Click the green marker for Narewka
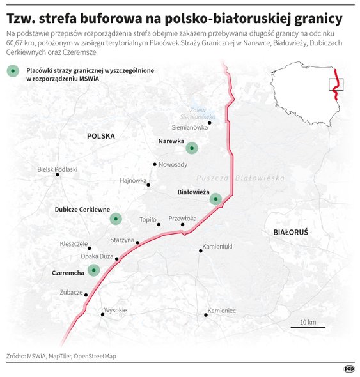pyautogui.click(x=191, y=148)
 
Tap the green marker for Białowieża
pyautogui.click(x=215, y=199)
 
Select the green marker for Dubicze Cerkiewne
pyautogui.click(x=115, y=219)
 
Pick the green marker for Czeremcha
pyautogui.click(x=94, y=271)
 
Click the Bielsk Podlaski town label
pyautogui.click(x=58, y=169)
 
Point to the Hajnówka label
pyautogui.click(x=134, y=180)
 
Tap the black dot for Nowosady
pyautogui.click(x=155, y=164)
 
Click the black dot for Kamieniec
pyautogui.click(x=205, y=314)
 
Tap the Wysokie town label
pyautogui.click(x=115, y=310)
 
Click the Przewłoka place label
pyautogui.click(x=182, y=219)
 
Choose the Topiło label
pyautogui.click(x=148, y=220)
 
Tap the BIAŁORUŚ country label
pyautogui.click(x=290, y=232)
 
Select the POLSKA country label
pyautogui.click(x=101, y=136)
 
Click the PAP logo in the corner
pyautogui.click(x=349, y=368)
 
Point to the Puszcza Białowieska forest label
pyautogui.click(x=235, y=178)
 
